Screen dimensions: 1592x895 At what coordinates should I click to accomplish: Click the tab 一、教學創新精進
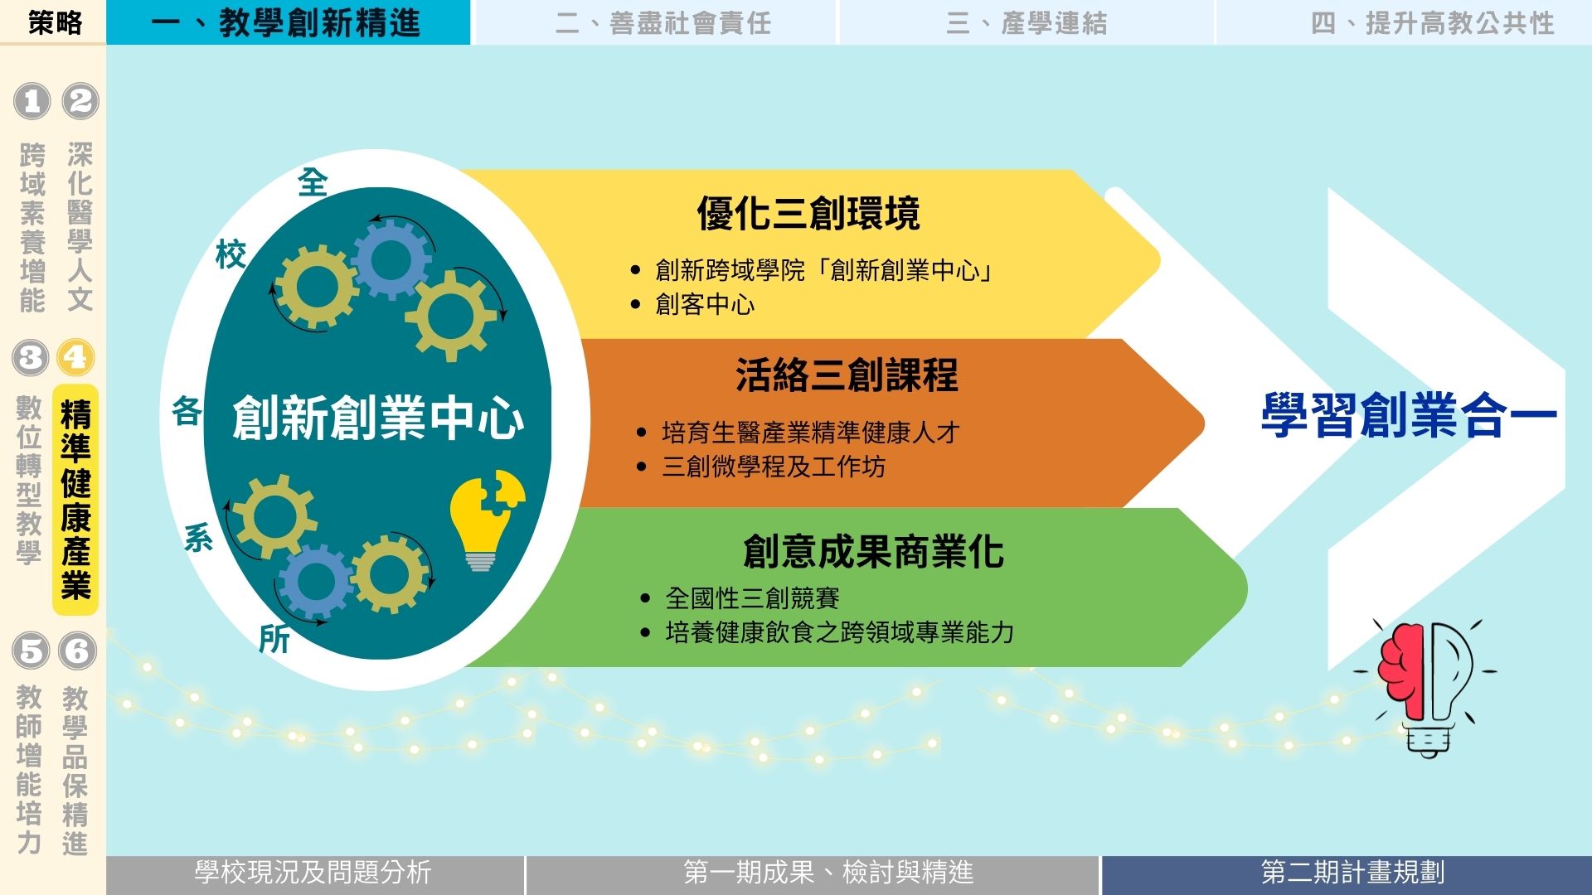point(288,22)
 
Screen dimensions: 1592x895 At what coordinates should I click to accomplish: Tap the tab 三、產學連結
point(1027,22)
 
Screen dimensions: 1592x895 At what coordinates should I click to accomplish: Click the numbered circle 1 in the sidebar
point(32,101)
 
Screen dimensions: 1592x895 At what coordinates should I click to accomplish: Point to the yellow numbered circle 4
point(75,357)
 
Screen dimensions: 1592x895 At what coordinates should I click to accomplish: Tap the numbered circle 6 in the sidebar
point(77,651)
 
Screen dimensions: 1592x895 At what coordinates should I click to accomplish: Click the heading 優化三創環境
point(808,213)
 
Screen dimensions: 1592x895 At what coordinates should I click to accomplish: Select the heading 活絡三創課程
point(847,375)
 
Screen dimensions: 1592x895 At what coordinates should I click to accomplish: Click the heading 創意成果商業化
point(873,551)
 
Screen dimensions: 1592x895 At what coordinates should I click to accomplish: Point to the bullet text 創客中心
point(705,304)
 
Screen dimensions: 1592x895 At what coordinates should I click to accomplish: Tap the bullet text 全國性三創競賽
point(752,597)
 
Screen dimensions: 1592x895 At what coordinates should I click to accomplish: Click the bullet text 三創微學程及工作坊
point(773,467)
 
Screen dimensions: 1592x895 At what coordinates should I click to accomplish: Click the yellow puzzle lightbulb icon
point(485,520)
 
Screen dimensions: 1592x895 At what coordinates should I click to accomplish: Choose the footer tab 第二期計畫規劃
point(1352,873)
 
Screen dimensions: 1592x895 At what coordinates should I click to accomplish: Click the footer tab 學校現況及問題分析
point(313,873)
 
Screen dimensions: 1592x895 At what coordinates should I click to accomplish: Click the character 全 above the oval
point(313,182)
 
